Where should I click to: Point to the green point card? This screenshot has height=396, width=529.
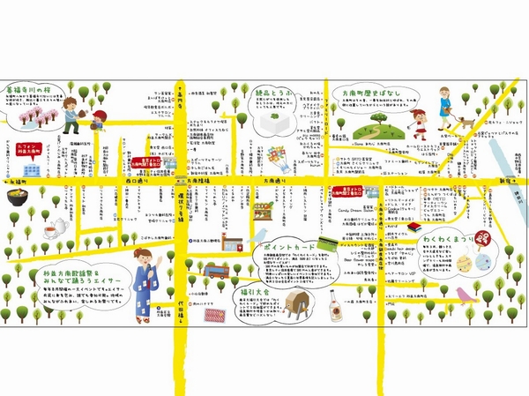click(x=327, y=242)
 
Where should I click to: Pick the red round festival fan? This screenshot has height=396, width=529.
click(x=483, y=238)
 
